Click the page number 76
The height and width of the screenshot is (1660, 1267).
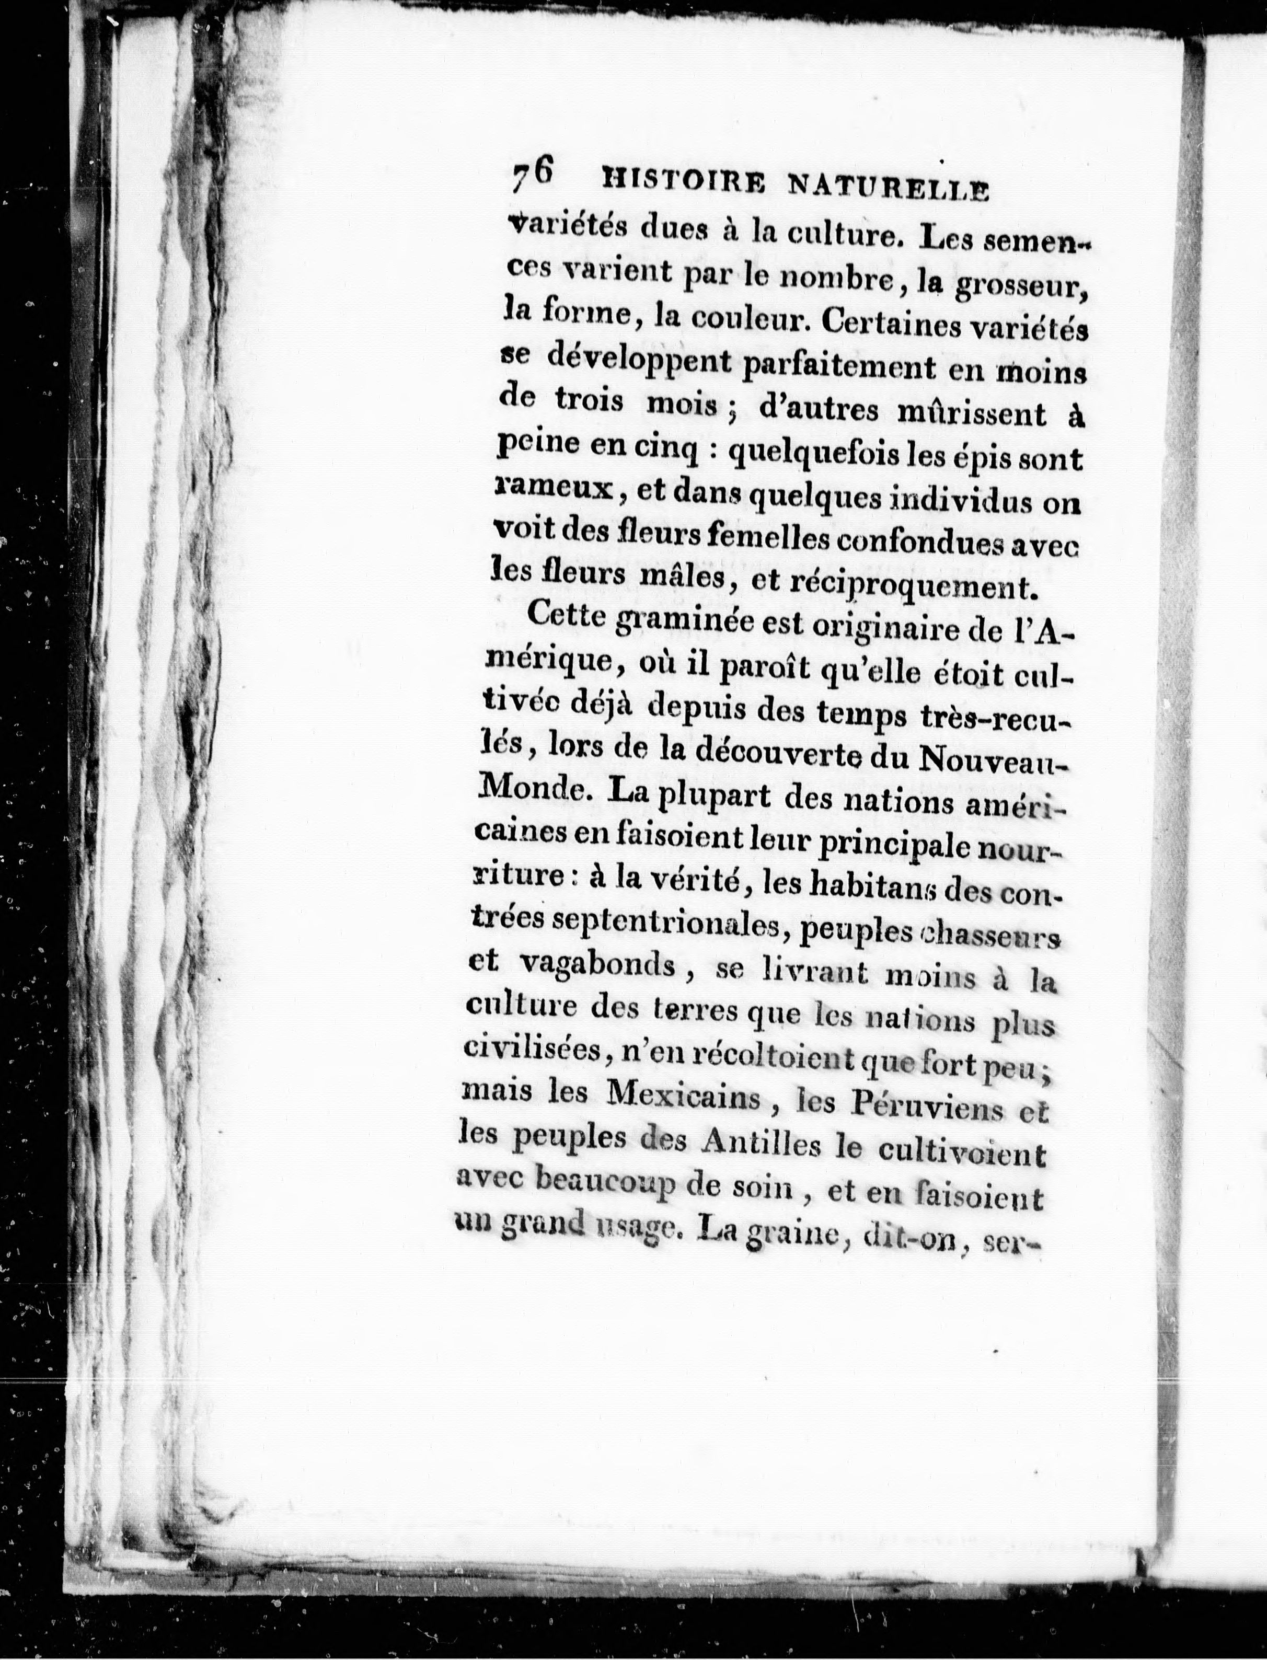(533, 179)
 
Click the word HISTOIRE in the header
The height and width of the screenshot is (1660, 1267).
(681, 184)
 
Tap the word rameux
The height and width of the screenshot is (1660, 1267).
(553, 489)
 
